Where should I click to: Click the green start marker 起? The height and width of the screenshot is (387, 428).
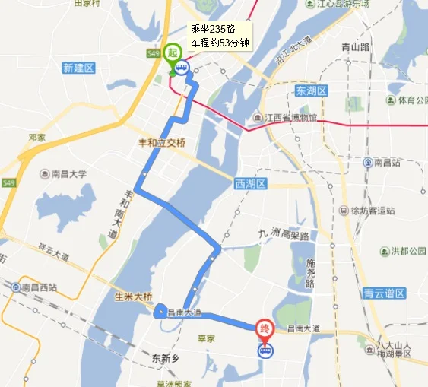(173, 53)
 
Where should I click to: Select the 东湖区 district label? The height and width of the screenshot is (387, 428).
(310, 91)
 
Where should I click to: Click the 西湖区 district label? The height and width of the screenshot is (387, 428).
(251, 183)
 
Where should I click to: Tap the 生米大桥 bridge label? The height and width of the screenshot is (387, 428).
(133, 297)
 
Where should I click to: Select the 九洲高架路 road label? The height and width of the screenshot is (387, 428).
(284, 235)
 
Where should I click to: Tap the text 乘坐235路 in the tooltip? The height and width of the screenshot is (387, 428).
(212, 29)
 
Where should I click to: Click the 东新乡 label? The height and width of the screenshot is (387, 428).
(163, 357)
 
